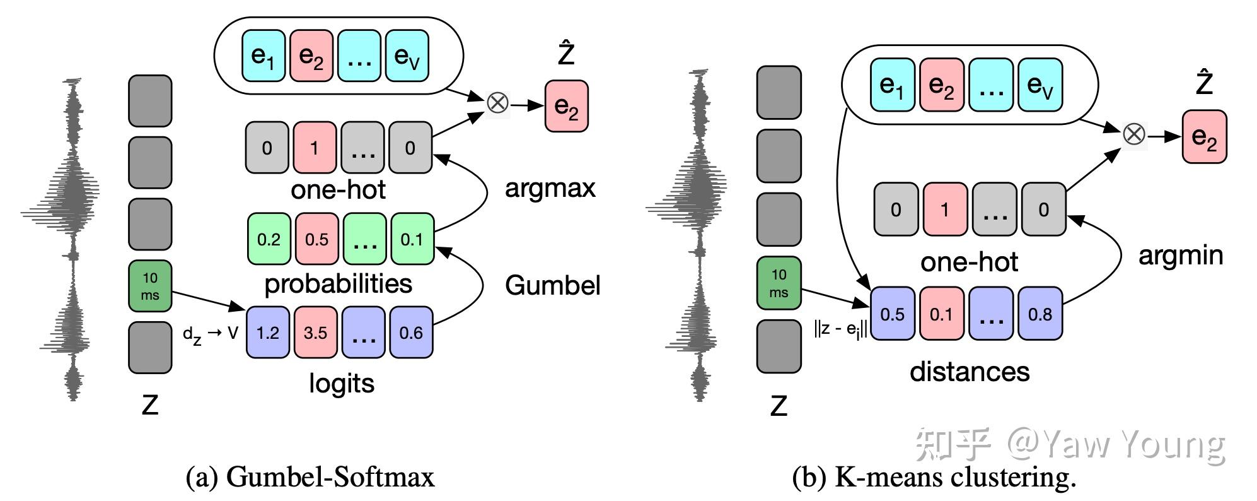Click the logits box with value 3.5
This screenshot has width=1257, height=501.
[x=315, y=332]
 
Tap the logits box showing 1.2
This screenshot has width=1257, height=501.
[x=268, y=332]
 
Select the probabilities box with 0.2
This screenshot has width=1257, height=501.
[x=269, y=239]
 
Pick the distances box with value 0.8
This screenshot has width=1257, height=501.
[x=1040, y=314]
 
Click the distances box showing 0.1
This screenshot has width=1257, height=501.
[x=942, y=314]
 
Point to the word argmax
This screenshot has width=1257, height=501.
[x=550, y=189]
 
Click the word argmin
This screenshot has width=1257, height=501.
[x=1181, y=256]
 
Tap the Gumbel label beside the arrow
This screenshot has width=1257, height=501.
[x=553, y=286]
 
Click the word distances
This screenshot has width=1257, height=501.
[x=970, y=372]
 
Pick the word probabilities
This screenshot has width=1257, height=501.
[x=339, y=284]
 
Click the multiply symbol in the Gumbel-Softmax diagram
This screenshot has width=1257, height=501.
[x=498, y=102]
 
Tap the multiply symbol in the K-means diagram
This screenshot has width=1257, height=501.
[x=1134, y=134]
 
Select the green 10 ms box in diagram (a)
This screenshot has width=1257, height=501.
[x=150, y=286]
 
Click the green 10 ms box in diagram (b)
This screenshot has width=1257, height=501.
[x=779, y=283]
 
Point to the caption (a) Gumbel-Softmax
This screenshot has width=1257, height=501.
[x=310, y=477]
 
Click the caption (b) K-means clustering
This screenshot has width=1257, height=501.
[x=934, y=477]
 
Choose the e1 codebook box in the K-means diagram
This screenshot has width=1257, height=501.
[x=892, y=85]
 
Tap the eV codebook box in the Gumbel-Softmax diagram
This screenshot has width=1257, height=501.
[x=407, y=56]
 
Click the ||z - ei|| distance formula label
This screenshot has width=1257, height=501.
[x=841, y=329]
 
